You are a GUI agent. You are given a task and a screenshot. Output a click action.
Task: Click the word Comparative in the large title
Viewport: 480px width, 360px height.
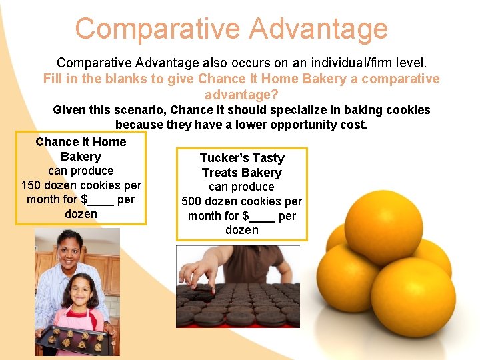[156, 29]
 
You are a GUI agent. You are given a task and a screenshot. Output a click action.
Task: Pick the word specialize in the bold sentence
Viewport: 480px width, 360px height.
[253, 110]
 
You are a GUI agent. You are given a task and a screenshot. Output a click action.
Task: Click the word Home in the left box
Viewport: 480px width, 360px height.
[109, 141]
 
